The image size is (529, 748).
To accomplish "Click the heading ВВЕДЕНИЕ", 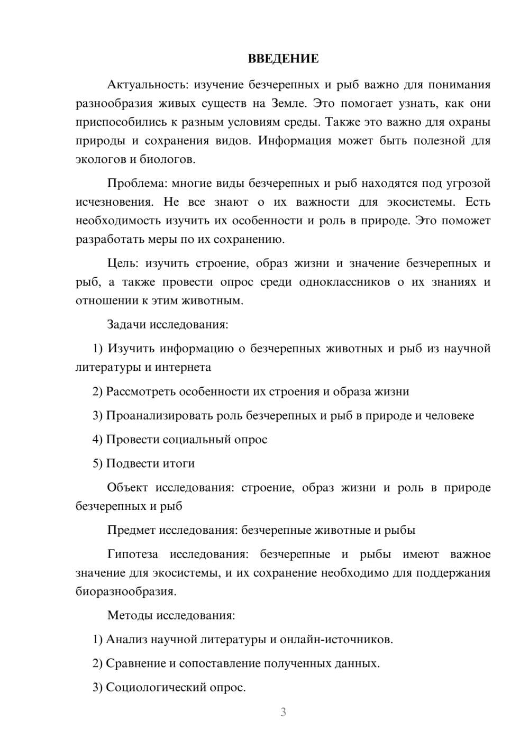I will pos(283,59).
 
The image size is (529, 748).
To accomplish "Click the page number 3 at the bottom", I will pos(283,713).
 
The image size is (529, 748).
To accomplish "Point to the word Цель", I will pos(122,263).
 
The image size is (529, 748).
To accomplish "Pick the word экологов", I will pos(98,159).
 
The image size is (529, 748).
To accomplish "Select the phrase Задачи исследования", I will pos(168,324).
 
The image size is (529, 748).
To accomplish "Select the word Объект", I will pos(127,488).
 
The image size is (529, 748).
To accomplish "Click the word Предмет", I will pos(131,530).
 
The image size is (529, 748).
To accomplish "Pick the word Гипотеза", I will pos(132,554).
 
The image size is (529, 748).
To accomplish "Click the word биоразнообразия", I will pos(126,591).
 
